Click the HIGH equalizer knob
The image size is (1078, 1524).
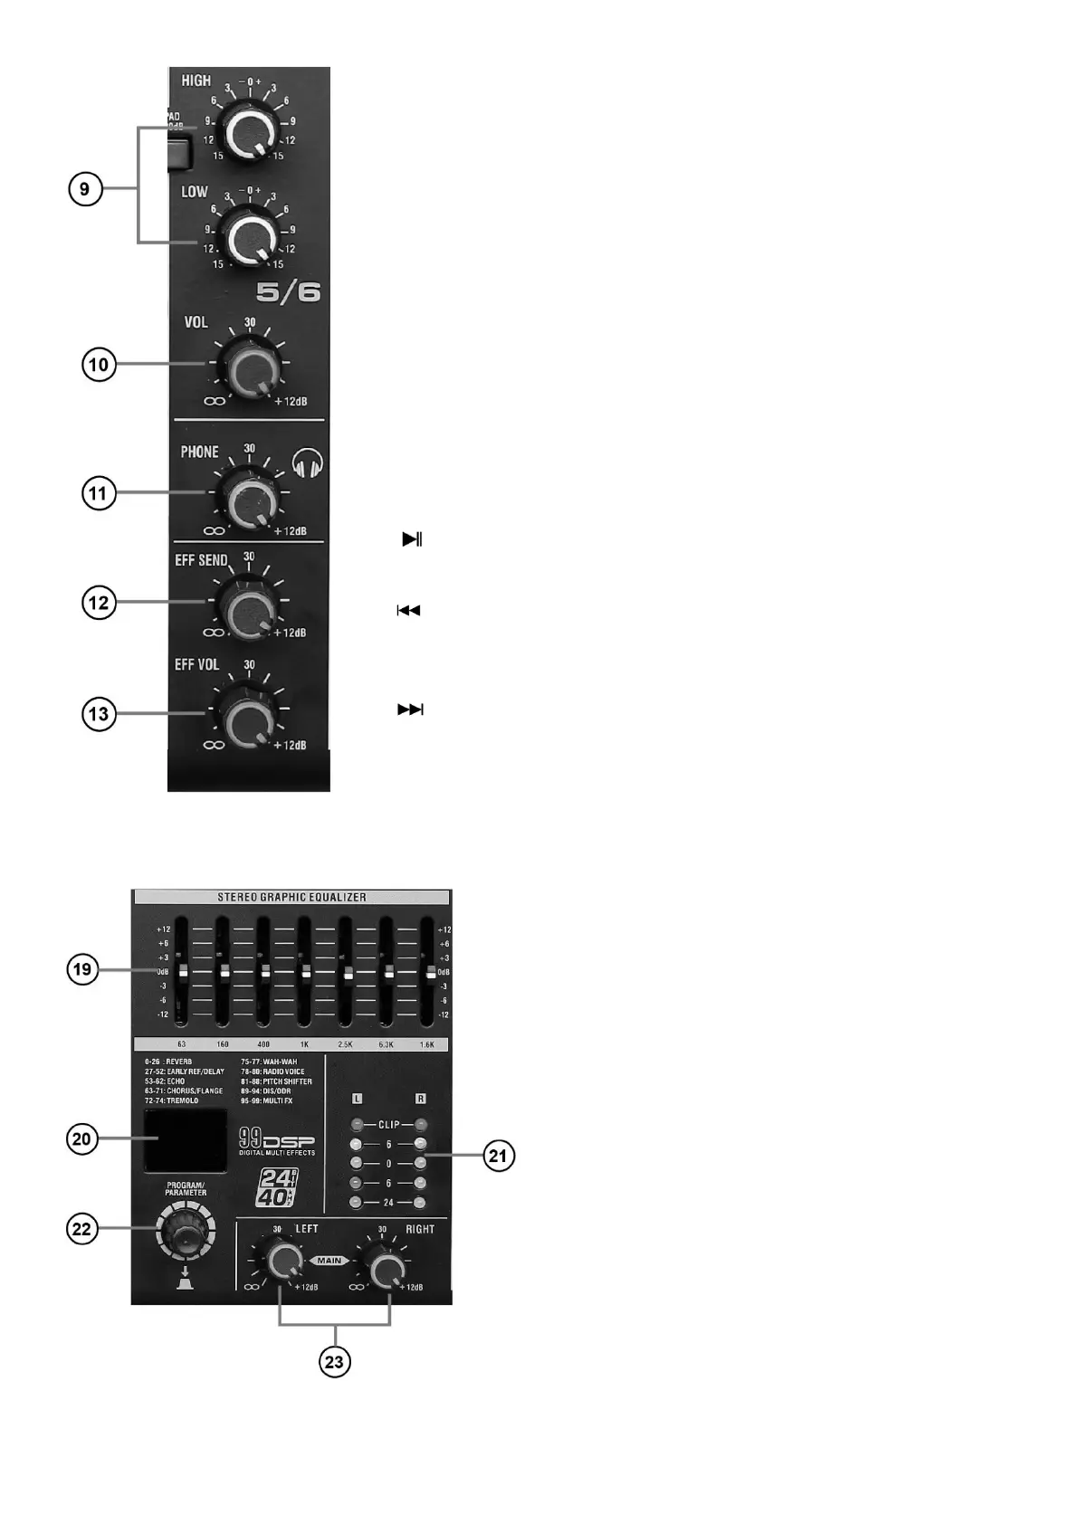pyautogui.click(x=249, y=132)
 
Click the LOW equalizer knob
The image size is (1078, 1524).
pyautogui.click(x=248, y=237)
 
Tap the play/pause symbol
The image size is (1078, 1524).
pyautogui.click(x=412, y=539)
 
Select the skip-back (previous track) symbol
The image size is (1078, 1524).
pyautogui.click(x=408, y=611)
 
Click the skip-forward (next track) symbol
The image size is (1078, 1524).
pyautogui.click(x=410, y=710)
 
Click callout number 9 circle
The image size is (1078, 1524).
pyautogui.click(x=84, y=189)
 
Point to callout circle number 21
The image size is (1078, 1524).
pyautogui.click(x=498, y=1156)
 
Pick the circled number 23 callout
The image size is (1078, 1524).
pyautogui.click(x=335, y=1361)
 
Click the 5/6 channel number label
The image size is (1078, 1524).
pyautogui.click(x=288, y=292)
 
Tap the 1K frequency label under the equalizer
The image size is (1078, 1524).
pyautogui.click(x=304, y=1044)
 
